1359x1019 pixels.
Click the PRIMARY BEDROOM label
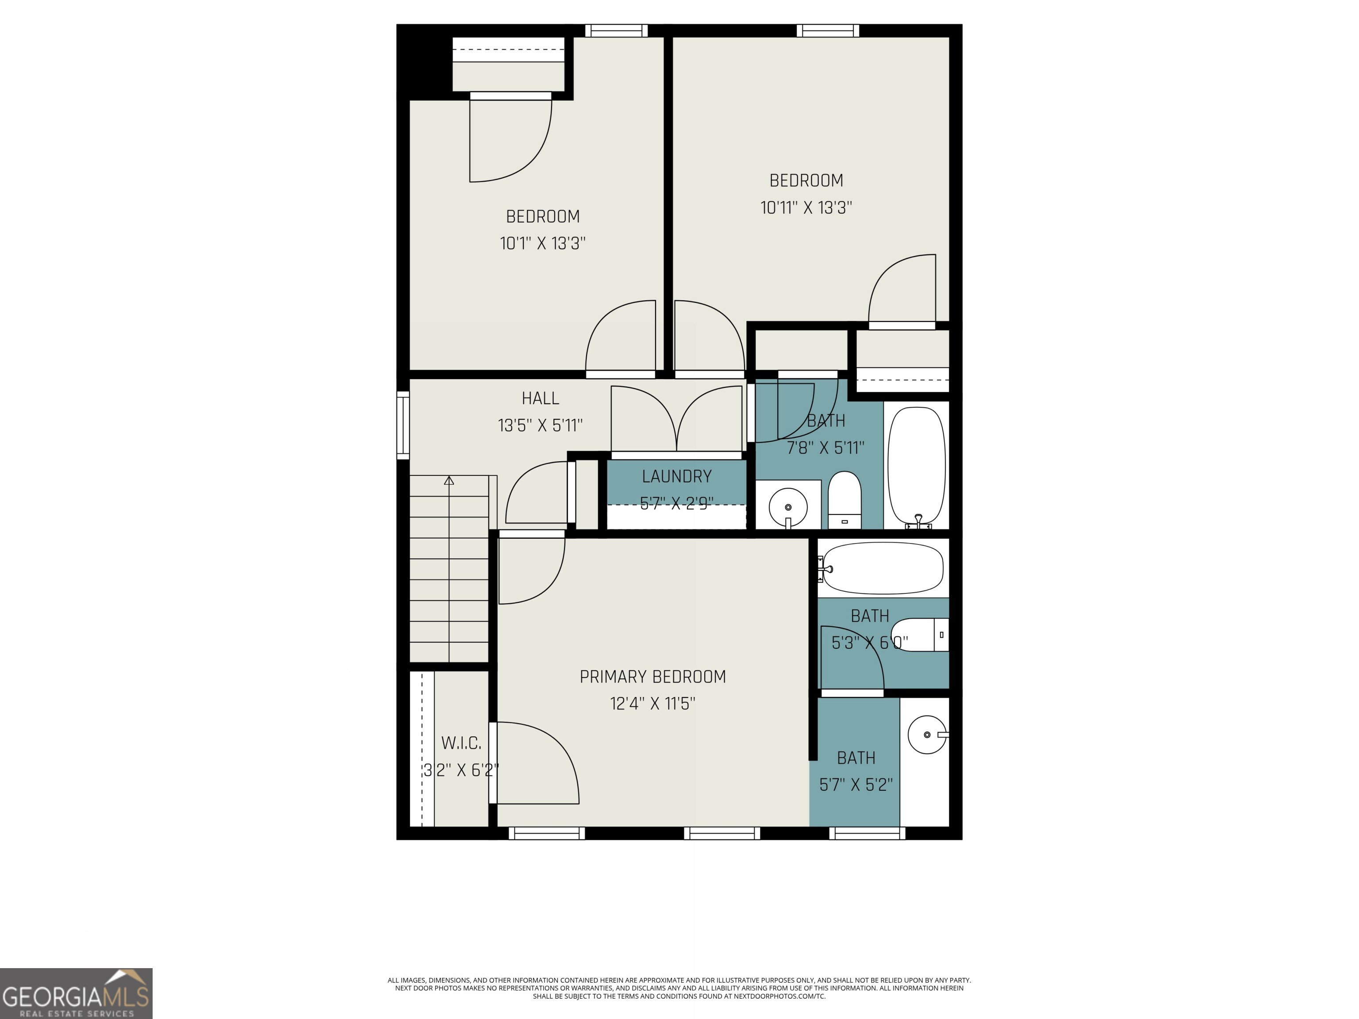[x=653, y=676]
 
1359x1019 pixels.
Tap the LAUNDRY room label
[x=676, y=476]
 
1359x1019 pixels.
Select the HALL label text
[x=540, y=398]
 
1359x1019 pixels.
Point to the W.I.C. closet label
[x=461, y=743]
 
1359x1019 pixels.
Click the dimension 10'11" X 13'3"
[x=806, y=207]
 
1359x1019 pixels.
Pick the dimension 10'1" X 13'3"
[x=542, y=243]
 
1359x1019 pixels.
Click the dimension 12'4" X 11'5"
[x=653, y=703]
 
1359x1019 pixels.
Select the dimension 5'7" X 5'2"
[x=856, y=784]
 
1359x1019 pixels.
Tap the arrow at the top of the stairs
[x=449, y=480]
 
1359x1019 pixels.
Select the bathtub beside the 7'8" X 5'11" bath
[x=917, y=465]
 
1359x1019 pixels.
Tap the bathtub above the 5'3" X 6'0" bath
[x=882, y=568]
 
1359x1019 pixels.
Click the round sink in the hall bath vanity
[x=787, y=507]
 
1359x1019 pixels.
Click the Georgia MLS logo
[x=76, y=993]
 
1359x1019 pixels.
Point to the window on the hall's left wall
[x=403, y=425]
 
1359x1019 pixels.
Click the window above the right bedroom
[x=828, y=31]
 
